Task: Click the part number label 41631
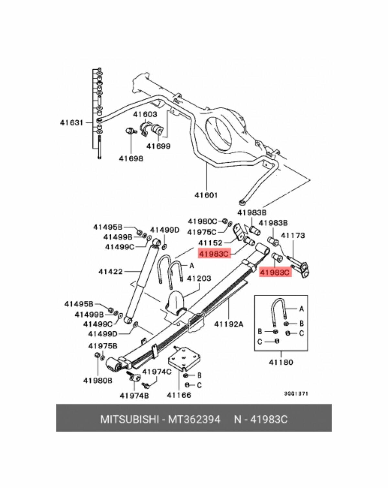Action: tap(71, 123)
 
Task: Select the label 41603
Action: tap(145, 114)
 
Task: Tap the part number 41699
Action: tap(158, 146)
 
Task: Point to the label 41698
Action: tap(131, 159)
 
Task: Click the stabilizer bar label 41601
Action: tap(206, 195)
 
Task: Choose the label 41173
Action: tap(293, 235)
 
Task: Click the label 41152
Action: tap(210, 243)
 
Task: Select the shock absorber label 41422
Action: tap(111, 271)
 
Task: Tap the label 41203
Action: tap(199, 278)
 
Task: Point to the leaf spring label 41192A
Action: tap(228, 324)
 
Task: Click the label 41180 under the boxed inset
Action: tap(281, 362)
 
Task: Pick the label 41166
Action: tap(179, 395)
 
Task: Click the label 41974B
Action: tap(134, 395)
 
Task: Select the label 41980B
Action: tap(98, 381)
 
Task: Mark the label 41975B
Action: tap(103, 346)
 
